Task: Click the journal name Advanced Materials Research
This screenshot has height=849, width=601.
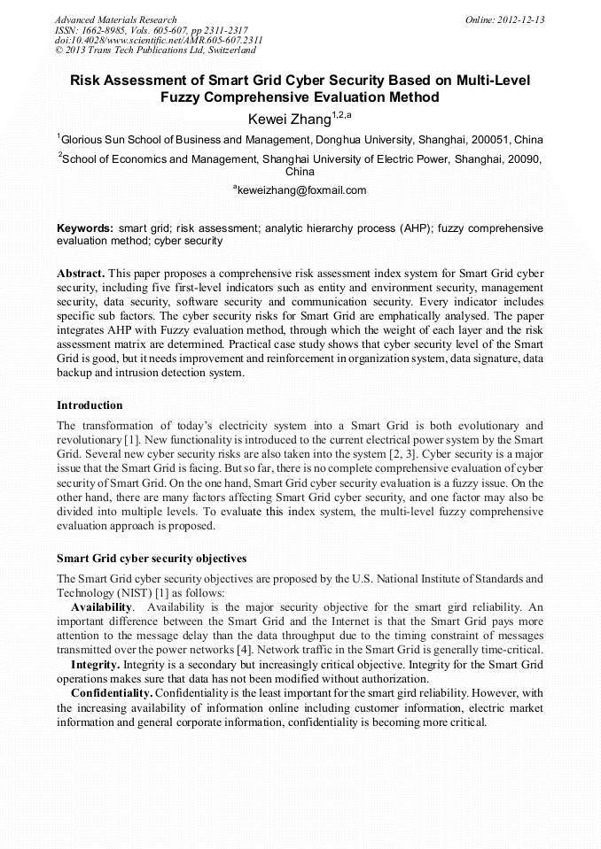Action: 116,19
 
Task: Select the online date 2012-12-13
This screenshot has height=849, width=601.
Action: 519,19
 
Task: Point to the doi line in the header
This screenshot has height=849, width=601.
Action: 159,41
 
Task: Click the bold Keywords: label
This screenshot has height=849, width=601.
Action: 85,228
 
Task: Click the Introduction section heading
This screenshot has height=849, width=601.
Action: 90,405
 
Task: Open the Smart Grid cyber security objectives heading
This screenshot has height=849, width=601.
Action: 152,559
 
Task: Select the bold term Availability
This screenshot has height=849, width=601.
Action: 102,607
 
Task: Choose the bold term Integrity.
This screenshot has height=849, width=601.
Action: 95,663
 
